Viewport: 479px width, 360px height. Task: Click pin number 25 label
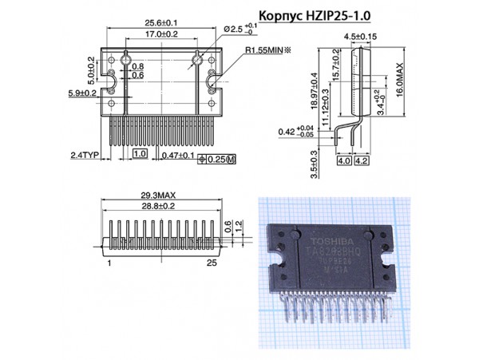pyautogui.click(x=212, y=262)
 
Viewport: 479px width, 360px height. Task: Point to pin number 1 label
pyautogui.click(x=109, y=262)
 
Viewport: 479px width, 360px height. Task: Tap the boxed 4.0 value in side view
pyautogui.click(x=344, y=161)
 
